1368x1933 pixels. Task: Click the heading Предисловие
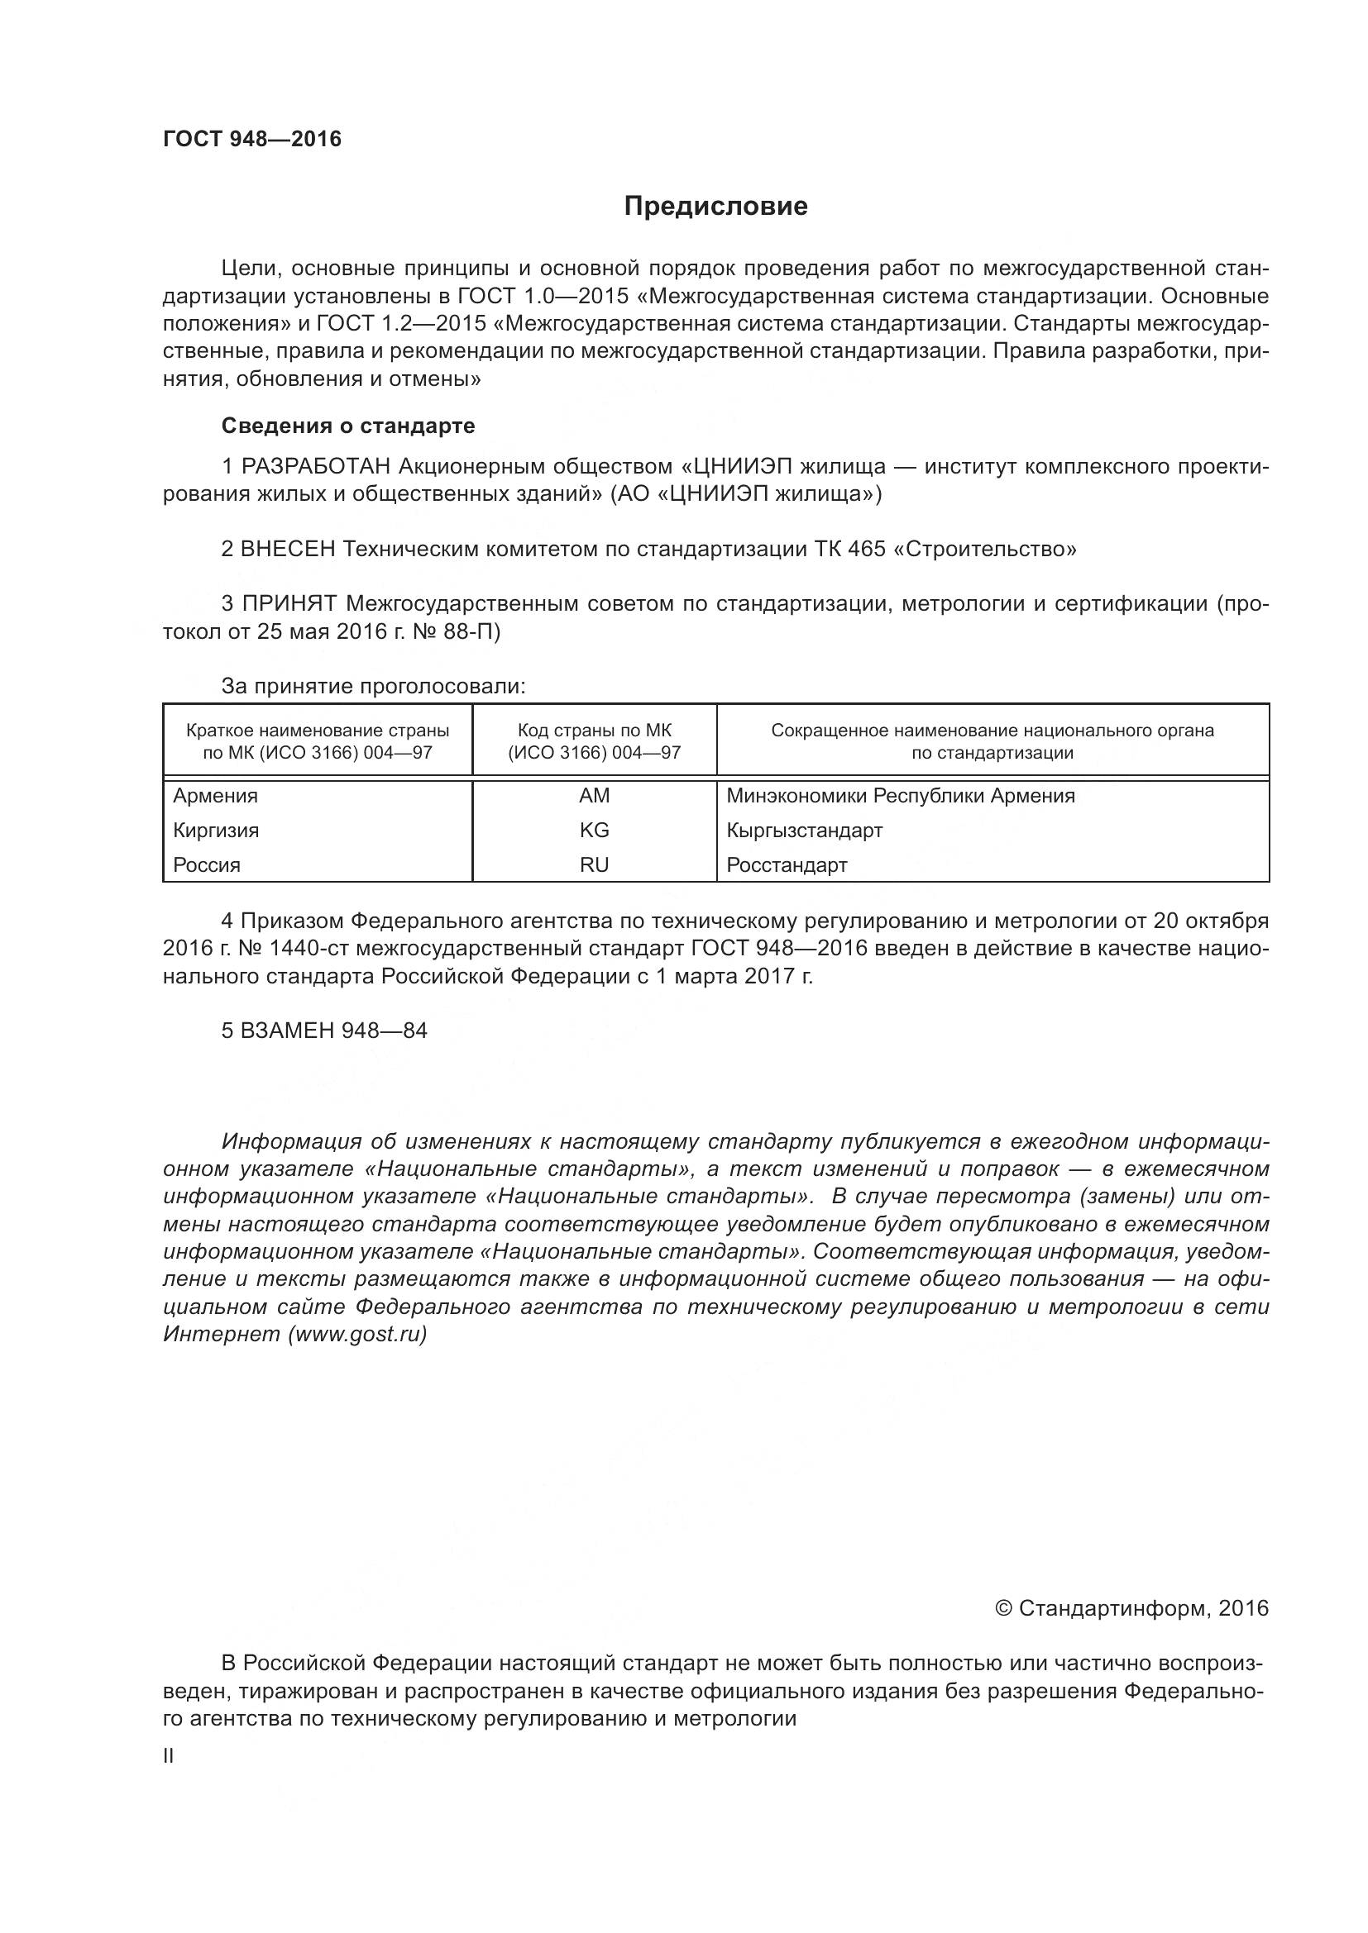point(715,207)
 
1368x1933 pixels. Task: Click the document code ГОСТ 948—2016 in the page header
point(252,139)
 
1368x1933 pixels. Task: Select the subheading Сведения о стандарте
point(348,426)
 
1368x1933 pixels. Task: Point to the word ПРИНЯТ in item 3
point(289,603)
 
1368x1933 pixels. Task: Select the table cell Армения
point(216,796)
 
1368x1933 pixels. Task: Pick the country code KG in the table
point(594,830)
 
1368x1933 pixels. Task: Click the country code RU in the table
point(594,864)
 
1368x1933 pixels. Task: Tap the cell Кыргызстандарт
point(805,830)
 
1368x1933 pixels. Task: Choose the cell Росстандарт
point(787,864)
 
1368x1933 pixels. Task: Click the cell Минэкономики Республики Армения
point(901,796)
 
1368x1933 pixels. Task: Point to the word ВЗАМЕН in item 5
point(287,1031)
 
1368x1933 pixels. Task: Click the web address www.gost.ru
point(357,1335)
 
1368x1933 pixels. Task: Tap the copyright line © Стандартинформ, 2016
point(1131,1608)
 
